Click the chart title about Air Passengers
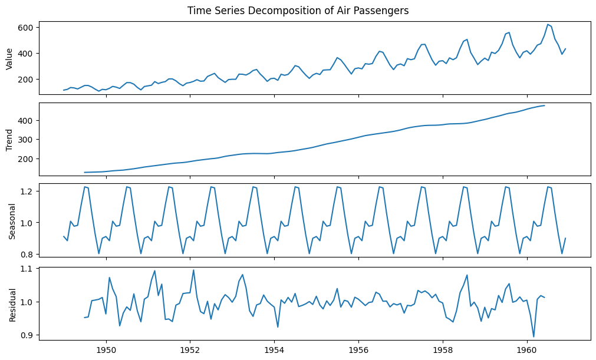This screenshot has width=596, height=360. point(298,11)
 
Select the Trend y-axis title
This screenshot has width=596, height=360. point(9,139)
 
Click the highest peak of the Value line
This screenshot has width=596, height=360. point(548,24)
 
